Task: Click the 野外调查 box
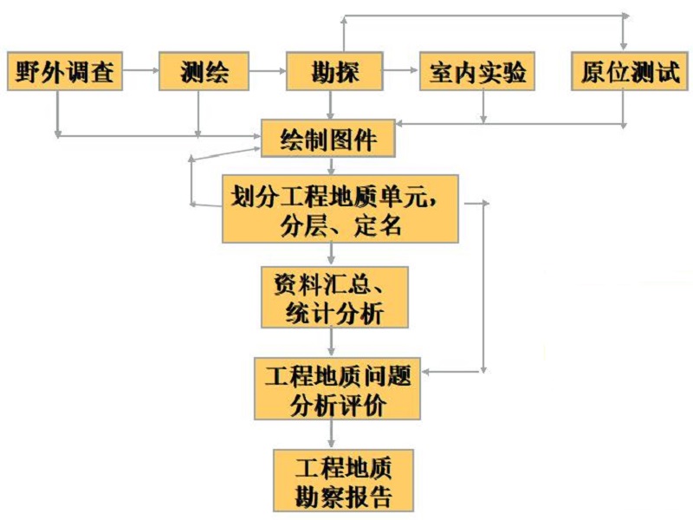pyautogui.click(x=64, y=72)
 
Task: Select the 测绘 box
pyautogui.click(x=204, y=72)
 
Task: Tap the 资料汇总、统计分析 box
pyautogui.click(x=334, y=297)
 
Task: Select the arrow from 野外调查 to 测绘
pyautogui.click(x=140, y=72)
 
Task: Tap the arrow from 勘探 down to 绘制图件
pyautogui.click(x=331, y=105)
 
